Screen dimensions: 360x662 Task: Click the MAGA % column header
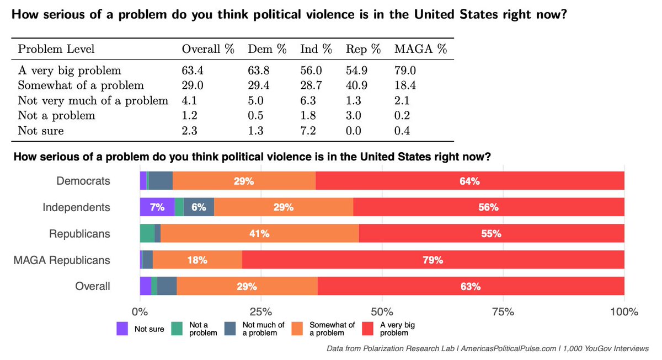(420, 49)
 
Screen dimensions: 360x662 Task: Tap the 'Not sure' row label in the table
(41, 131)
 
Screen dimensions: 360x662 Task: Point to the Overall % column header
(208, 49)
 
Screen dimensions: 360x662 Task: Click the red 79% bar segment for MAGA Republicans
(433, 260)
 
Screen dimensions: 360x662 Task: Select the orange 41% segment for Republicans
(260, 234)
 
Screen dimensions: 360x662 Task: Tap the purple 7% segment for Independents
(157, 207)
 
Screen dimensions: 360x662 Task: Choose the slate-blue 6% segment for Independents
(199, 207)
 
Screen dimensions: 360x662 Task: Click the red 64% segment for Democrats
(470, 181)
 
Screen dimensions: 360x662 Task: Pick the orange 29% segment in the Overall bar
(247, 287)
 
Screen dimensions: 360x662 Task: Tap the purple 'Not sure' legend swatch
(122, 329)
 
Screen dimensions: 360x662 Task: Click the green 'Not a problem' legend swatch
(177, 329)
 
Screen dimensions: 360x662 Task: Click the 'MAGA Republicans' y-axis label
(62, 260)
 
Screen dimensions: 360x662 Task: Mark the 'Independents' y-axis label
(76, 207)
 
